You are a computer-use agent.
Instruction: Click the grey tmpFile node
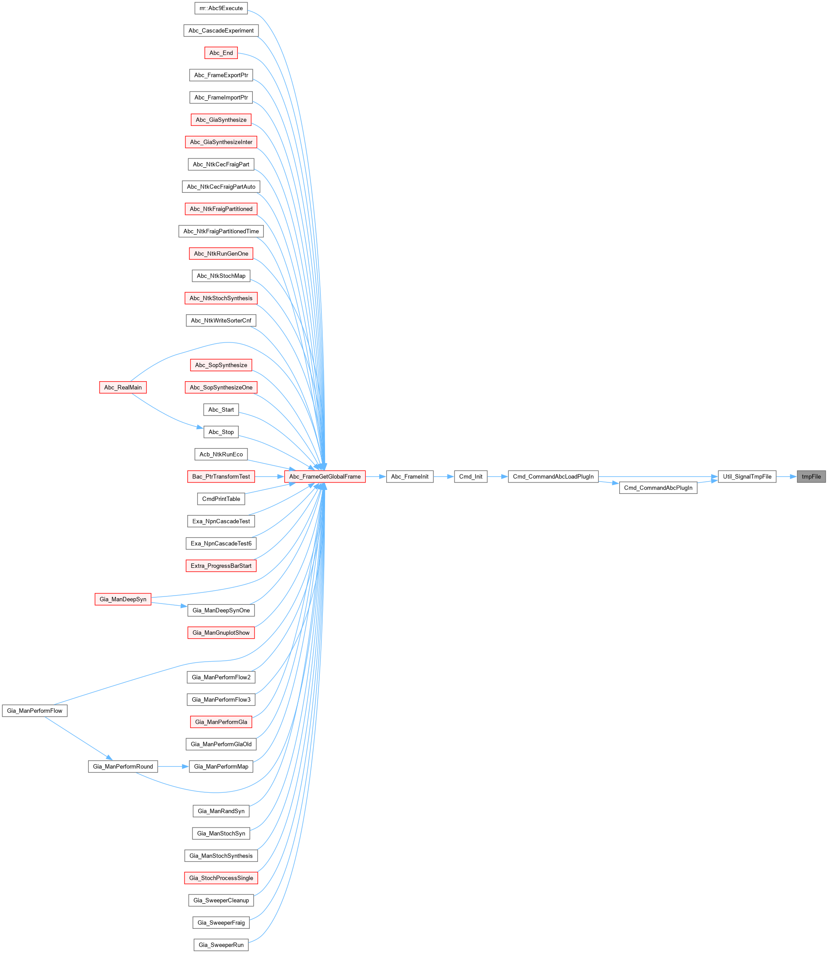(811, 476)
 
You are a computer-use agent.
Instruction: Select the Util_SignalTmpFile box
(747, 476)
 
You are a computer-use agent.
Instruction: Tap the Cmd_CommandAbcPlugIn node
(658, 488)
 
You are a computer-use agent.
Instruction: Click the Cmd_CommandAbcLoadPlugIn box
(553, 476)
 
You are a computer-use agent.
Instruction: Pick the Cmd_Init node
(471, 476)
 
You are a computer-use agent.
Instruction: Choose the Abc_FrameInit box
(410, 476)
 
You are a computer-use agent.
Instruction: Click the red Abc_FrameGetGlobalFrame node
(325, 476)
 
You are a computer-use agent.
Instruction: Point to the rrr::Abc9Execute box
(221, 8)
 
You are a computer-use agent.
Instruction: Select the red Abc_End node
(221, 53)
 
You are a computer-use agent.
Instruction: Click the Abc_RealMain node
(123, 387)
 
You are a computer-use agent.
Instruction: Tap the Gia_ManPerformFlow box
(35, 710)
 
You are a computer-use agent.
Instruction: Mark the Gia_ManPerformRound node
(123, 766)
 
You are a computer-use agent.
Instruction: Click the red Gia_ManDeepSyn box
(123, 600)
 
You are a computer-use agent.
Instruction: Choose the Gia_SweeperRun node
(221, 945)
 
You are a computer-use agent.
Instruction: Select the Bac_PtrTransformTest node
(221, 476)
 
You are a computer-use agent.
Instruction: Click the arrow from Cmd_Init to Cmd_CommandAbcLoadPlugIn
(498, 476)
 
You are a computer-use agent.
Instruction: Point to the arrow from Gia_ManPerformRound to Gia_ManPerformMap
(173, 766)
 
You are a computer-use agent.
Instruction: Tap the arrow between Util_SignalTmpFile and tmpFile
(787, 476)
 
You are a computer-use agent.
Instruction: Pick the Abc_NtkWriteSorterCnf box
(221, 320)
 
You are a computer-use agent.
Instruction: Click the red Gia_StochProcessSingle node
(221, 878)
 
